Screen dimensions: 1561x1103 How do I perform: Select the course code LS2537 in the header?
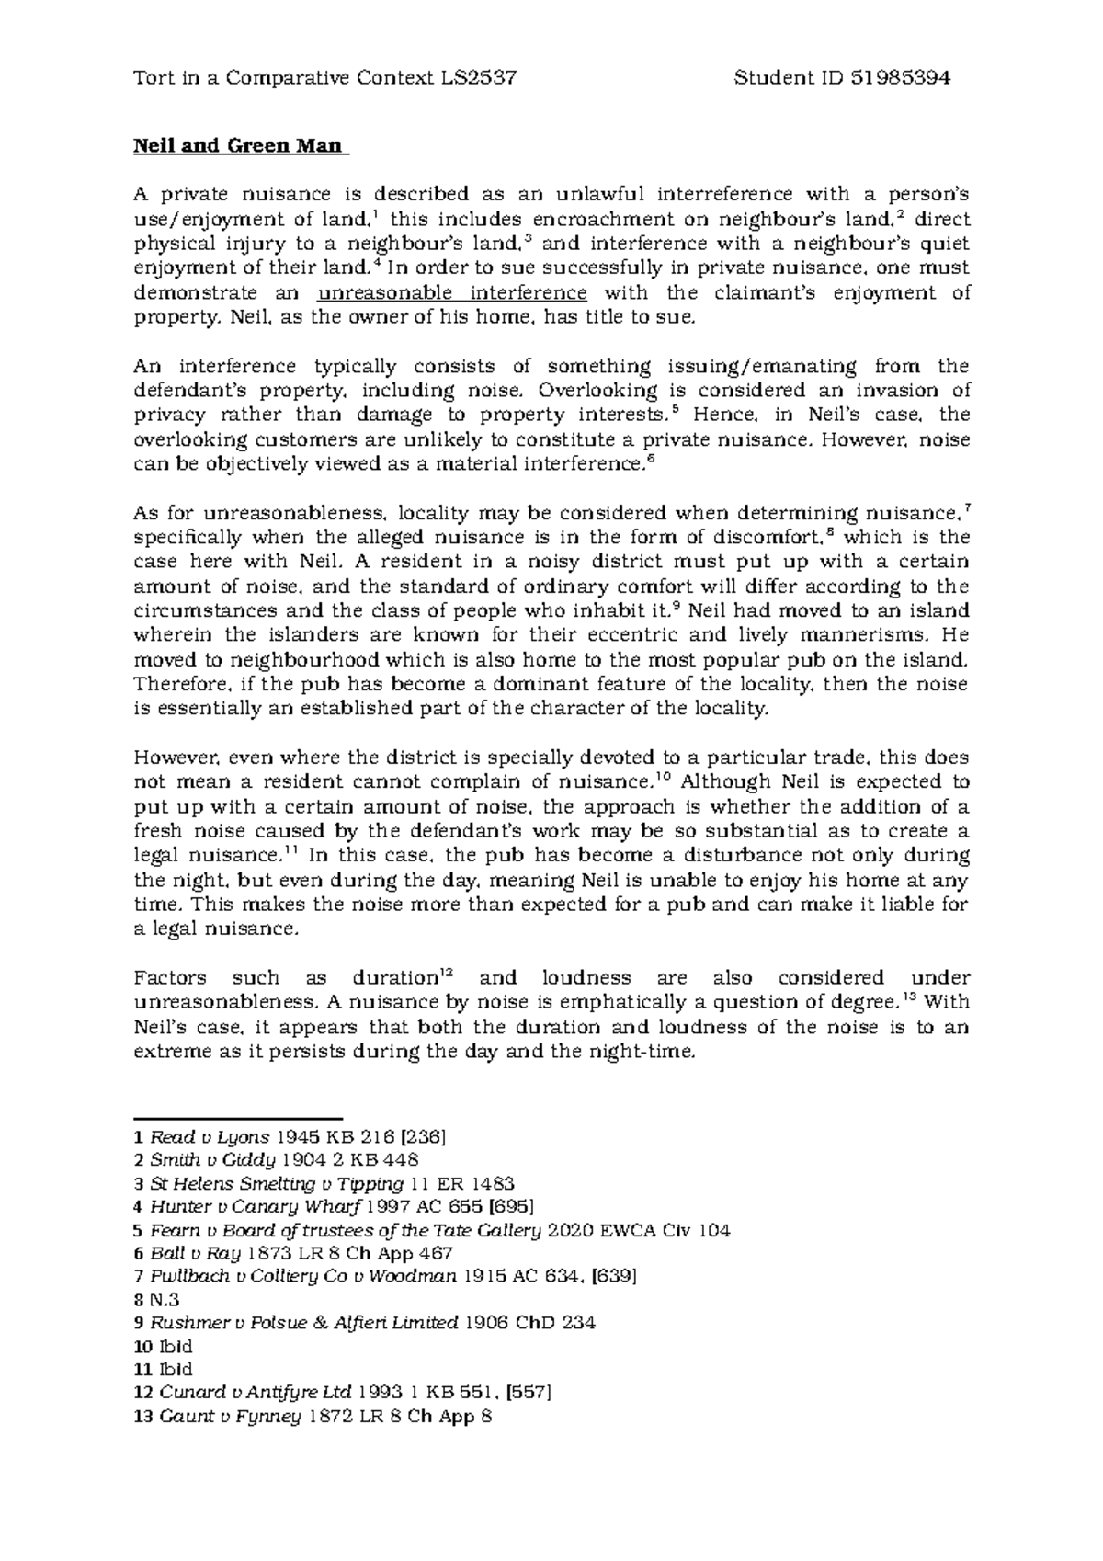click(478, 78)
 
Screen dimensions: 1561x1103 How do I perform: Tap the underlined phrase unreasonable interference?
click(451, 293)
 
